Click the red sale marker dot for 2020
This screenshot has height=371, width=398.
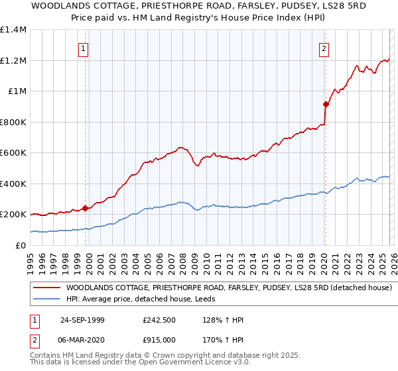pyautogui.click(x=326, y=104)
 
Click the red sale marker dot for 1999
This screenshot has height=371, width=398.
pyautogui.click(x=85, y=208)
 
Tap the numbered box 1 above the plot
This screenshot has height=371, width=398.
pyautogui.click(x=83, y=48)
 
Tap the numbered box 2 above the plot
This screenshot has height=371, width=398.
pyautogui.click(x=324, y=48)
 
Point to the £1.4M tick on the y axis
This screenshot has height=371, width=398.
pyautogui.click(x=13, y=30)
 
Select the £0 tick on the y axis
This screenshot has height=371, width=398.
pyautogui.click(x=21, y=245)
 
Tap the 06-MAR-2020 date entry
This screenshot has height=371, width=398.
pyautogui.click(x=82, y=339)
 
